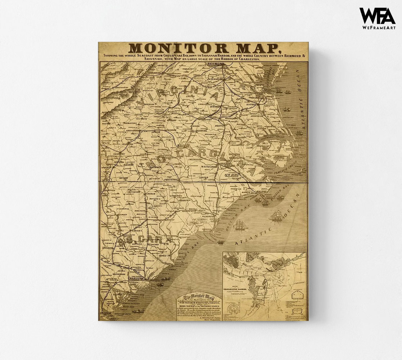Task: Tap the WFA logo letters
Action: click(x=377, y=16)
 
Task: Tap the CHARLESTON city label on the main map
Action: click(x=136, y=279)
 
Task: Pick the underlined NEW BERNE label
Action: click(x=232, y=175)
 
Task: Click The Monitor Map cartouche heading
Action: click(x=199, y=298)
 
